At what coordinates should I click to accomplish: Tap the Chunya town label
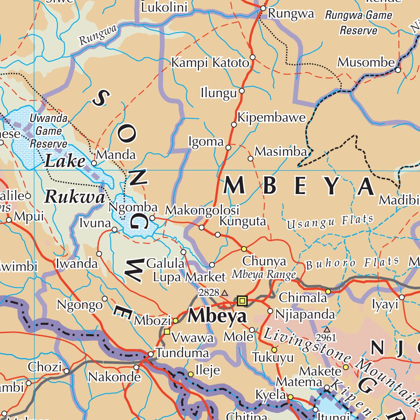point(264,261)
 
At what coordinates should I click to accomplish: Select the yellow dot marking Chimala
point(328,291)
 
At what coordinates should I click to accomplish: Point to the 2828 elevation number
point(208,292)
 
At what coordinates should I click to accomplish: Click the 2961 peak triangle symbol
point(327,329)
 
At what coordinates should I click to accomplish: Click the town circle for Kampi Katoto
point(253,57)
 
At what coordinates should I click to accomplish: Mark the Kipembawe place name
point(272,118)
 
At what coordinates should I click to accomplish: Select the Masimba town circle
point(251,158)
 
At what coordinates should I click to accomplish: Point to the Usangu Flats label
point(330,222)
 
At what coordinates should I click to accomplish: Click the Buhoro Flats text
point(353,263)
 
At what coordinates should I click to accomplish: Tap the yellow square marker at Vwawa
point(167,331)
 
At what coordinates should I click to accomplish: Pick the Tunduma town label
point(183,353)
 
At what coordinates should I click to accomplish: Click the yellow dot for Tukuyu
point(274,350)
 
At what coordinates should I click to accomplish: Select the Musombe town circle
point(398,70)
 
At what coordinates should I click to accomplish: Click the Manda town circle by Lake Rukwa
point(94,163)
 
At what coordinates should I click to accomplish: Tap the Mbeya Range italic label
point(264,274)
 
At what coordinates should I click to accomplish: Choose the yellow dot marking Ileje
point(191,374)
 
